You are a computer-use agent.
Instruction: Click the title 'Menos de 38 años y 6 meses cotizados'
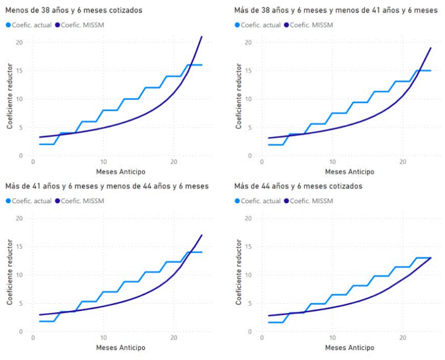pyautogui.click(x=73, y=11)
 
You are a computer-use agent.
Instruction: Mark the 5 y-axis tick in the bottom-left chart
pyautogui.click(x=20, y=303)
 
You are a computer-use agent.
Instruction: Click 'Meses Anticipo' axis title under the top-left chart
pyautogui.click(x=121, y=171)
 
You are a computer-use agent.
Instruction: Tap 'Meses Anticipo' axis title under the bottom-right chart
pyautogui.click(x=350, y=347)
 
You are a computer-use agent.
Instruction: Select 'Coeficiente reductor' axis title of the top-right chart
pyautogui.click(x=237, y=98)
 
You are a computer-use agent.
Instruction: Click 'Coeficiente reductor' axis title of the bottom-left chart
pyautogui.click(x=9, y=274)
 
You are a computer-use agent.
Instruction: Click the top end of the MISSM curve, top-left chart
pyautogui.click(x=202, y=36)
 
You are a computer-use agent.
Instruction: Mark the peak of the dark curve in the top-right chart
pyautogui.click(x=431, y=48)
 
